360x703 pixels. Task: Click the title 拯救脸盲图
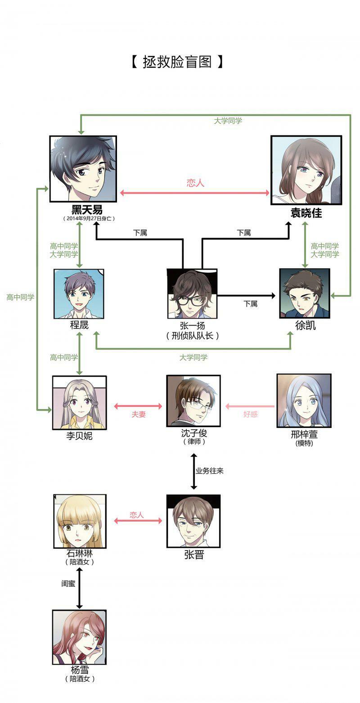pos(177,62)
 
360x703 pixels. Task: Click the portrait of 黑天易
pos(83,169)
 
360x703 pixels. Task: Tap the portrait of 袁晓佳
pos(306,170)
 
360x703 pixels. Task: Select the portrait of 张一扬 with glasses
pos(192,293)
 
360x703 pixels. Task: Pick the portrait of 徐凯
pos(305,293)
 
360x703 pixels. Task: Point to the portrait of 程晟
pos(79,294)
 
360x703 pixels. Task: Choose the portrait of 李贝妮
pos(79,402)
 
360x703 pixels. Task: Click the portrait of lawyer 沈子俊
pos(193,401)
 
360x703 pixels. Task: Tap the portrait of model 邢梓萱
pos(304,400)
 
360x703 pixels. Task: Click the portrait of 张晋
pos(193,521)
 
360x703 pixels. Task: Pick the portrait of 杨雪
pos(79,637)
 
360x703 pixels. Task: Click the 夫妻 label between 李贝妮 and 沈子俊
pos(139,415)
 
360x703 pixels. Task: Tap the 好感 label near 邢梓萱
pos(250,414)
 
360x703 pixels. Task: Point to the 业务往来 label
pos(209,471)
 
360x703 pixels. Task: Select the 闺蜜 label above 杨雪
pos(68,583)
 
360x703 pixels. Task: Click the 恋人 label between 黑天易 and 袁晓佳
pos(195,183)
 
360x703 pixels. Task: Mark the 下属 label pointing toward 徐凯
pos(251,304)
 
